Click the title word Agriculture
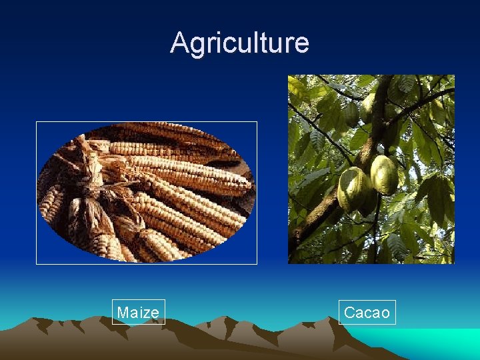[x=239, y=43]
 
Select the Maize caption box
[x=138, y=312]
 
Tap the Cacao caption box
[x=367, y=312]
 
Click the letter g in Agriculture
[x=197, y=45]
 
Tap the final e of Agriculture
[x=302, y=45]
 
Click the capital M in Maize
[x=123, y=312]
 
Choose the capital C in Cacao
[x=349, y=312]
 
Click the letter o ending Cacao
[x=385, y=313]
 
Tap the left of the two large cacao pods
[x=353, y=189]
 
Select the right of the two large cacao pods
[x=384, y=175]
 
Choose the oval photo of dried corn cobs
[x=146, y=193]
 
